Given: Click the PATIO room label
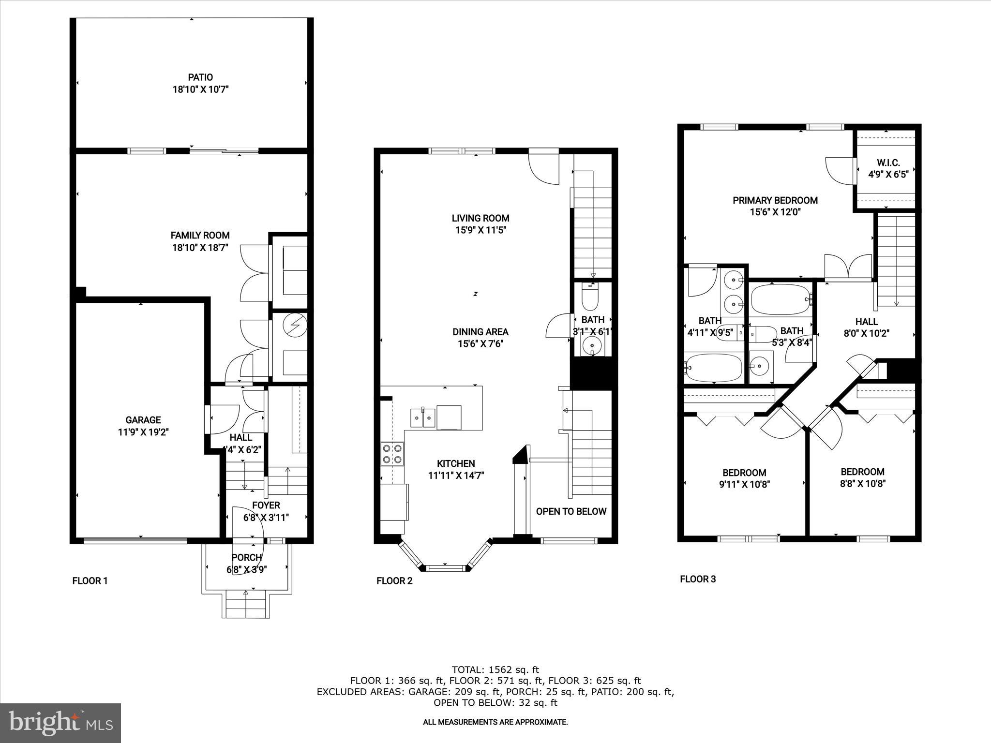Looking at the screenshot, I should pyautogui.click(x=200, y=77).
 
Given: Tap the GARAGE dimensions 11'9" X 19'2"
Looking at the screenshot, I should pyautogui.click(x=143, y=432).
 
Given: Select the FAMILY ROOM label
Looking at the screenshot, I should pyautogui.click(x=200, y=236).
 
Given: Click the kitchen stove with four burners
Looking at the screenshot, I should pyautogui.click(x=392, y=454).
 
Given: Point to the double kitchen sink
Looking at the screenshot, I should pyautogui.click(x=423, y=417).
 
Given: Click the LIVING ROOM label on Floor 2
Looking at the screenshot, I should pyautogui.click(x=480, y=218).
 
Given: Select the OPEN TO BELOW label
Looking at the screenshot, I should pyautogui.click(x=571, y=511).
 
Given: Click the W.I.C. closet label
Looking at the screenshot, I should pyautogui.click(x=888, y=163).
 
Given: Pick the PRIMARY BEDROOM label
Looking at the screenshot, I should pyautogui.click(x=775, y=200).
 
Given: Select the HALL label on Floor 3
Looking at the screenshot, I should pyautogui.click(x=866, y=322).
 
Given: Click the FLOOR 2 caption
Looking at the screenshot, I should pyautogui.click(x=394, y=581).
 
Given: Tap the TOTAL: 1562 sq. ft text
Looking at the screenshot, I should pyautogui.click(x=495, y=670).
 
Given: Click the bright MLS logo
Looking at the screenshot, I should pyautogui.click(x=60, y=723).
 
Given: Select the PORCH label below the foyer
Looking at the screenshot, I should pyautogui.click(x=246, y=558).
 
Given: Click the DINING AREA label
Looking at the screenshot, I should pyautogui.click(x=480, y=332).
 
